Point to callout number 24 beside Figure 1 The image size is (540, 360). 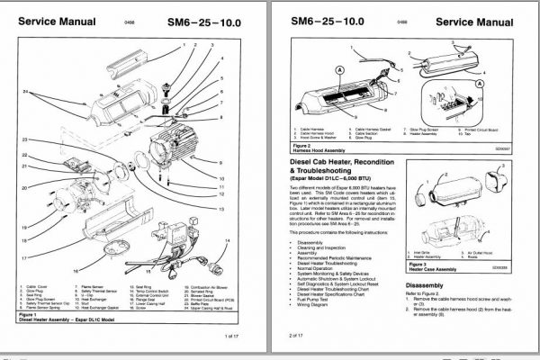click(26, 93)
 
